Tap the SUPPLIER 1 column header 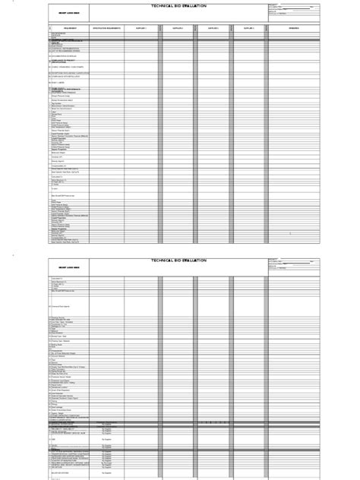point(141,27)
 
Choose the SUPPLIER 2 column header point(178,27)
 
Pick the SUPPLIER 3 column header point(214,27)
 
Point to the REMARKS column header point(293,27)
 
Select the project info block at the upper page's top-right point(293,9)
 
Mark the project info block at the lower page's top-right point(293,264)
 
